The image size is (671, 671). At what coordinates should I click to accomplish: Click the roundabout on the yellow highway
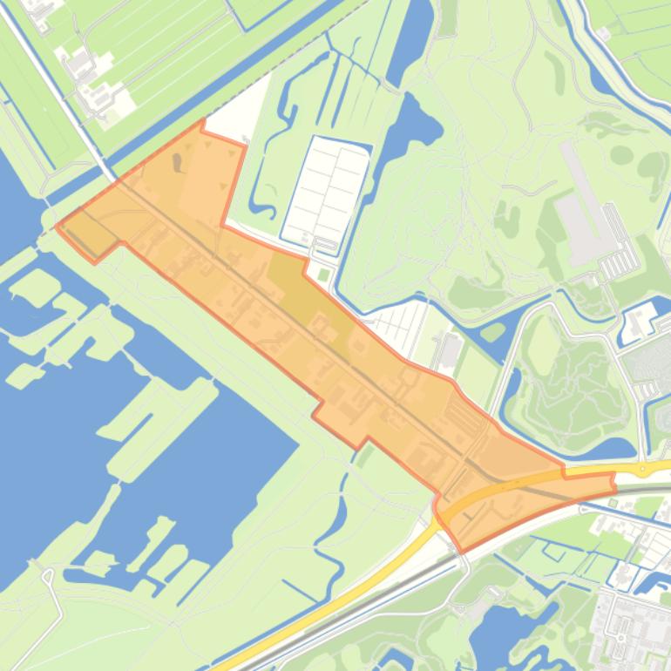coord(644,470)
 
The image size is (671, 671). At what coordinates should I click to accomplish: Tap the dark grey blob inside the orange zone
coord(179,162)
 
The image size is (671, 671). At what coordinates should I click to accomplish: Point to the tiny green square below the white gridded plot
coord(325,275)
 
